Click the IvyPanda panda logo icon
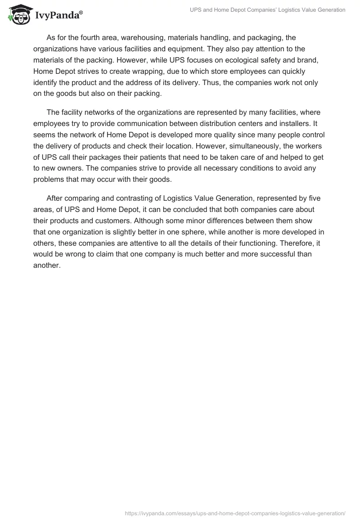(18, 14)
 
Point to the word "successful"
(281, 254)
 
